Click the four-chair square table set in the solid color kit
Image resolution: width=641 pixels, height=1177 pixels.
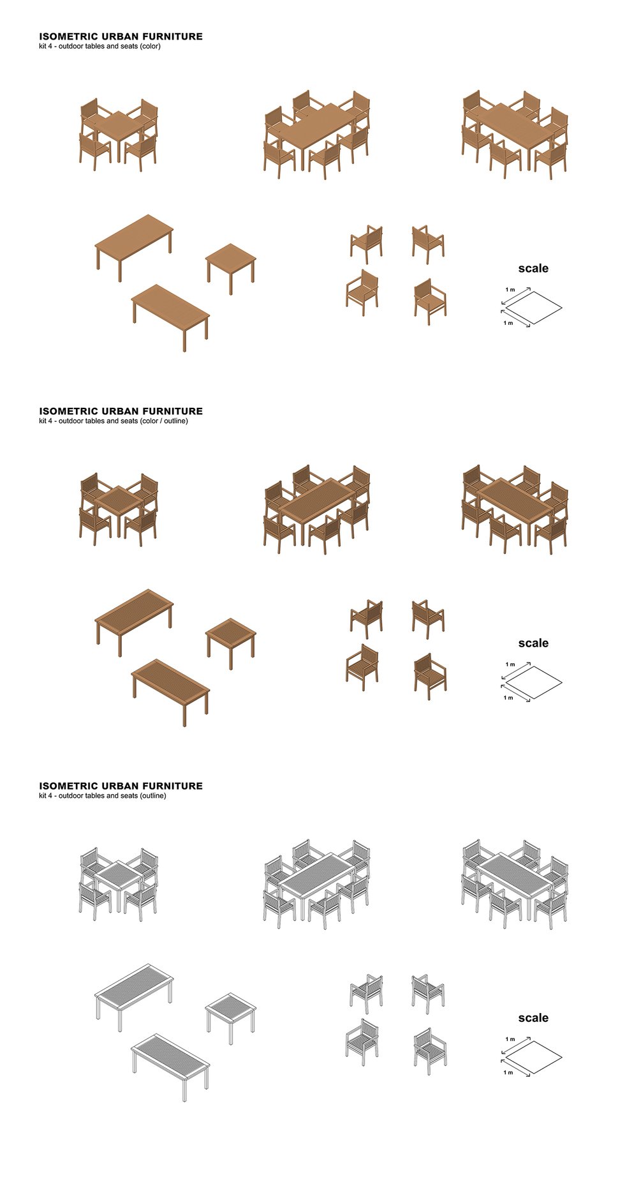tap(119, 135)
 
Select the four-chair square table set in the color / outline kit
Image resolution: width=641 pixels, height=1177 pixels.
tap(119, 509)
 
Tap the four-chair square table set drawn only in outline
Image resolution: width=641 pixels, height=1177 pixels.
tap(119, 884)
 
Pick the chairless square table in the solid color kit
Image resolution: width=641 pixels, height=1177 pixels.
tap(231, 269)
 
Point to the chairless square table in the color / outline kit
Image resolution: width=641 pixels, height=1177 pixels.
tap(231, 643)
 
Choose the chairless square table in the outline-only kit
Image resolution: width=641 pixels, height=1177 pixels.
tap(231, 1018)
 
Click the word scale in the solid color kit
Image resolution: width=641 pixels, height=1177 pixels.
tap(533, 269)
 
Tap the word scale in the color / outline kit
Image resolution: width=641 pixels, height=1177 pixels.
tap(533, 643)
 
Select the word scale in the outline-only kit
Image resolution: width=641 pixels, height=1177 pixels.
tap(533, 1018)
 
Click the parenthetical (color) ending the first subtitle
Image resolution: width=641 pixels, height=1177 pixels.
tap(151, 47)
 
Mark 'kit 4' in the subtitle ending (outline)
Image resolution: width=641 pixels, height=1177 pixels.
tap(46, 796)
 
